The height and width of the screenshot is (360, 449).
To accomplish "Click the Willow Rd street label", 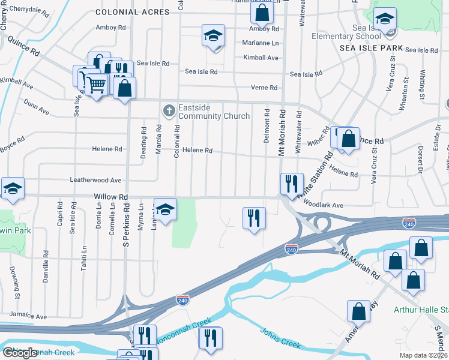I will point(111,196).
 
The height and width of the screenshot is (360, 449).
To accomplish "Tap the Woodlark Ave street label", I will point(323,205).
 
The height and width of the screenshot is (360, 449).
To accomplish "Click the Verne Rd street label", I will point(265,88).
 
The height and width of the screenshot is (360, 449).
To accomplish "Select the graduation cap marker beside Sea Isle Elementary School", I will point(385,20).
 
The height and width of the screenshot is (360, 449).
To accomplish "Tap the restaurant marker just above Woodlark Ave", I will point(292,184).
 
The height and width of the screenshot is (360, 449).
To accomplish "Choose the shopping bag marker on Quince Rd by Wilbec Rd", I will point(348,139).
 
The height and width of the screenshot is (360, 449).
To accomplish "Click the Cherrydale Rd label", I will point(29,10).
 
